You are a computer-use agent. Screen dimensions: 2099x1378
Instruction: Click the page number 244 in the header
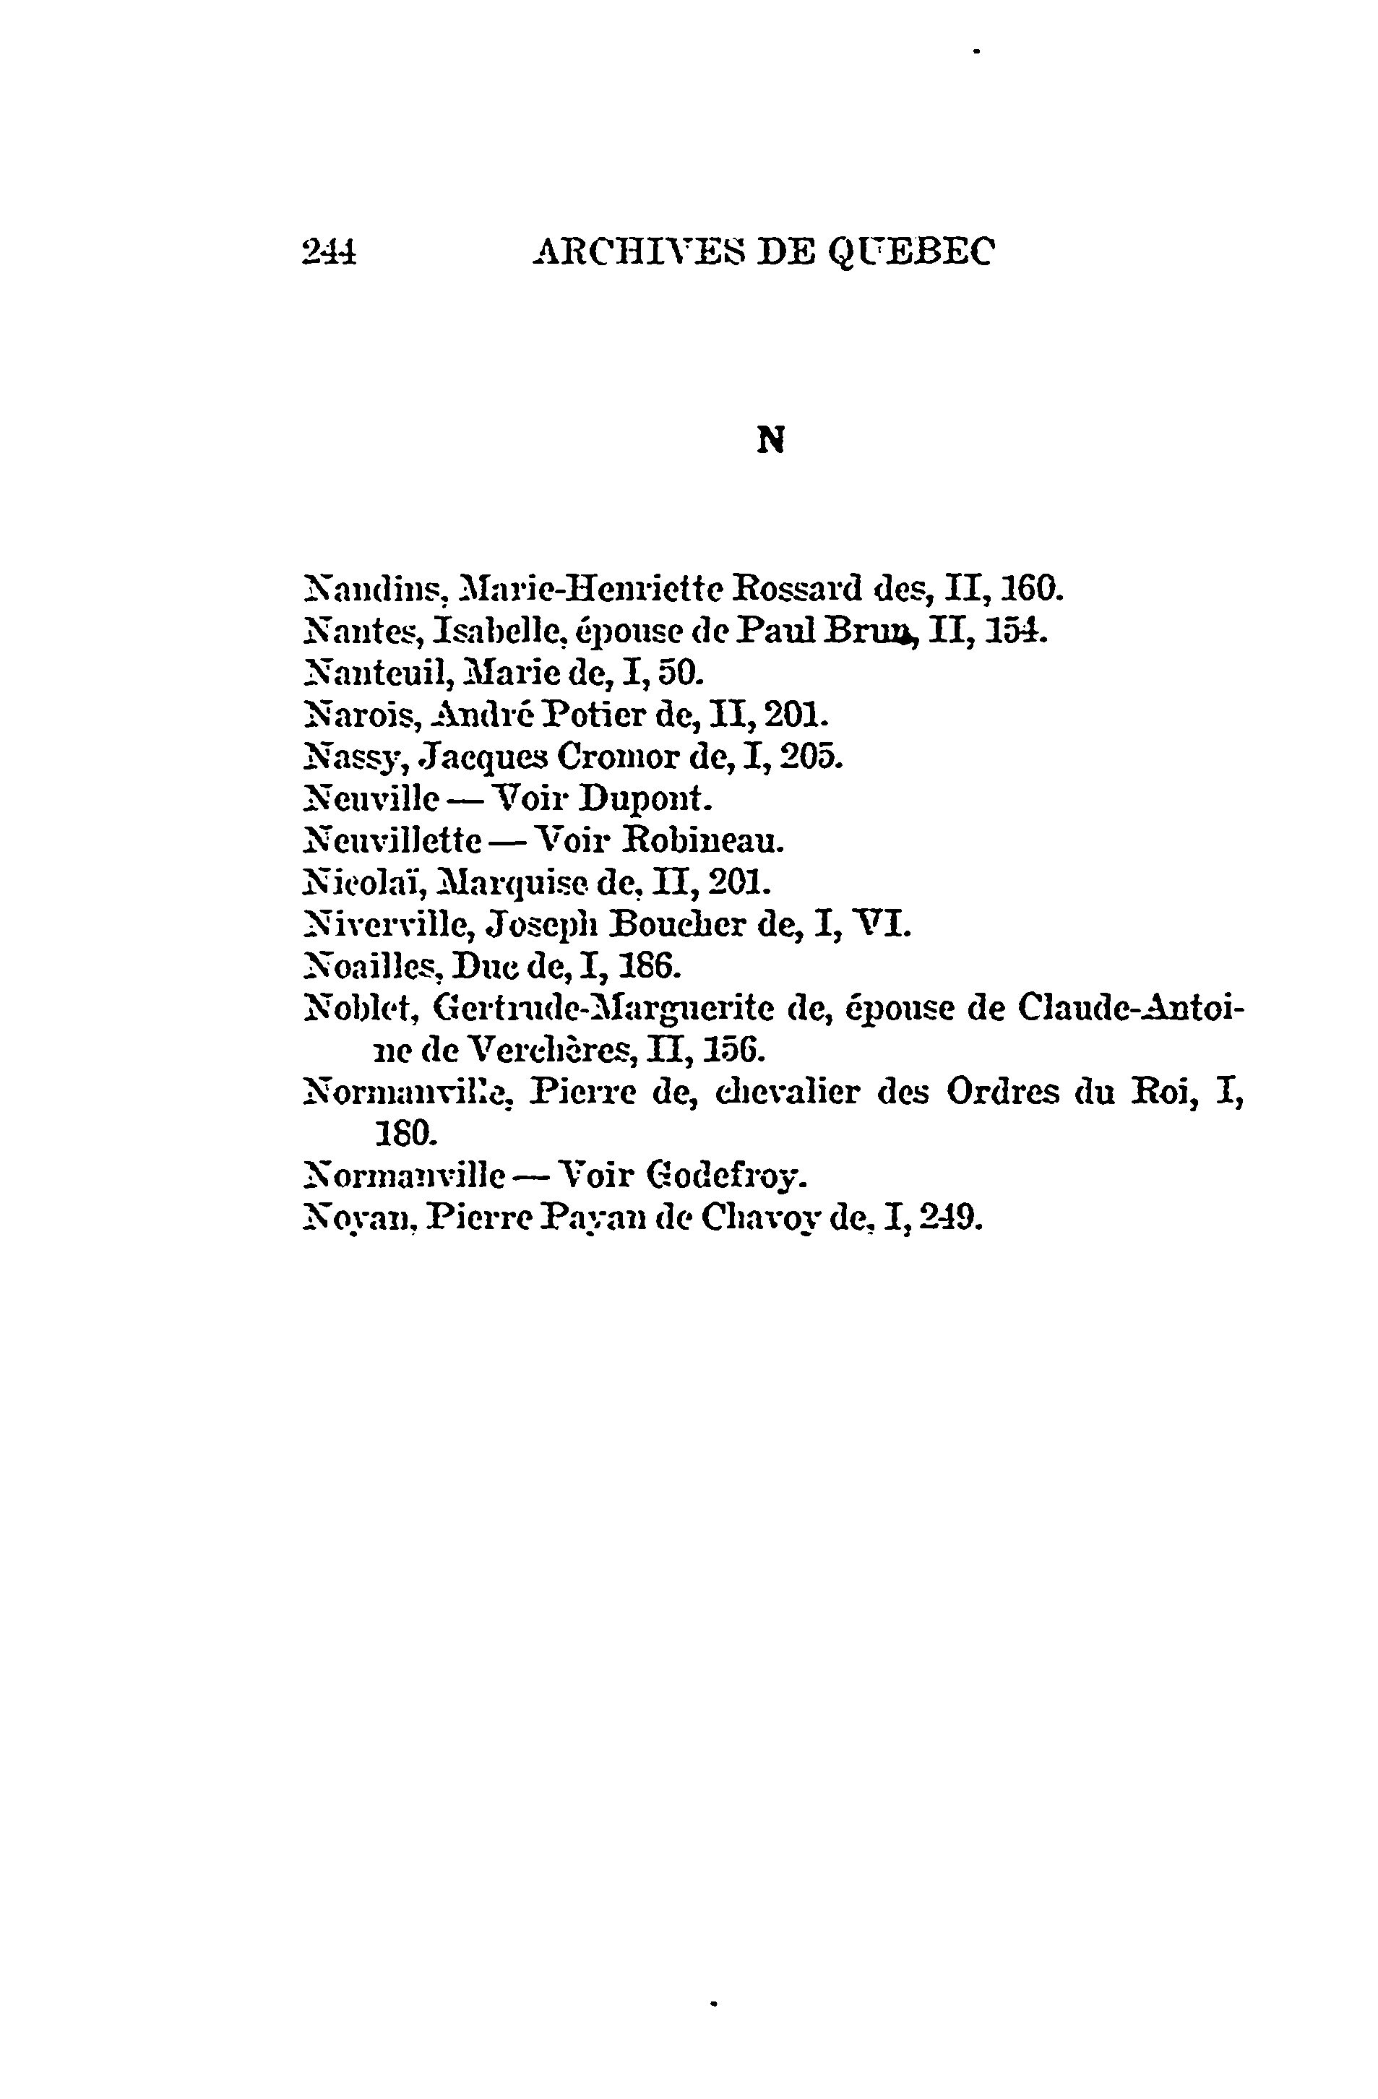point(329,253)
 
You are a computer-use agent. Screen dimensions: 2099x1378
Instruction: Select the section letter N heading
point(771,441)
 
